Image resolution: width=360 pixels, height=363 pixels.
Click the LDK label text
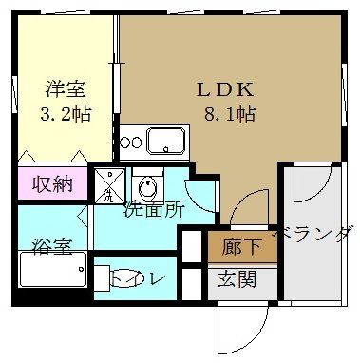(224, 89)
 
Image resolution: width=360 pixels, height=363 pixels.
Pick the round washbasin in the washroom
(146, 186)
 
